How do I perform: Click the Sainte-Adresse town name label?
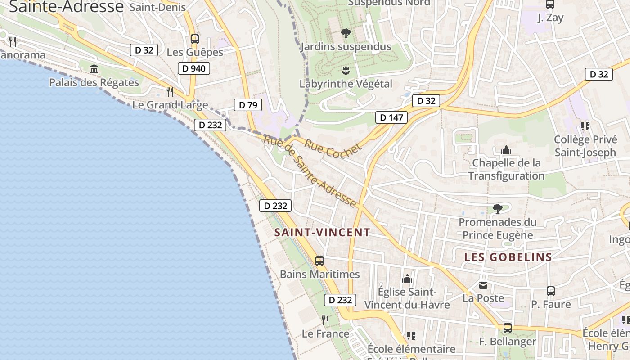tap(66, 6)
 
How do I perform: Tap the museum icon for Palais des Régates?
tap(94, 69)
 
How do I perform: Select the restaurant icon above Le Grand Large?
tap(170, 92)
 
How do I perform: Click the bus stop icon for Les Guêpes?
tap(194, 39)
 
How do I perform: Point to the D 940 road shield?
tap(194, 69)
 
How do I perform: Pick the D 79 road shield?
tap(248, 105)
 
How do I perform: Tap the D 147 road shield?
tap(391, 118)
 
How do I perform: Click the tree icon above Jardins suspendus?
tap(346, 33)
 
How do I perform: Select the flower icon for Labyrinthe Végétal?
tap(346, 71)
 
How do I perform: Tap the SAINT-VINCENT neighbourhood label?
tap(322, 233)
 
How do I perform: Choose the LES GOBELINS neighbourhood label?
tap(508, 257)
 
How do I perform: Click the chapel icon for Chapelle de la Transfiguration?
tap(506, 150)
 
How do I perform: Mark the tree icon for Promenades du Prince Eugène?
tap(497, 208)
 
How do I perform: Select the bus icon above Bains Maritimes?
tap(319, 261)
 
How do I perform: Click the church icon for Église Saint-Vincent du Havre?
tap(407, 279)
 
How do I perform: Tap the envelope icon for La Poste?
tap(483, 285)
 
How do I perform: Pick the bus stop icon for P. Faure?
tap(550, 291)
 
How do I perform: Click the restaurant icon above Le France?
tap(325, 320)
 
